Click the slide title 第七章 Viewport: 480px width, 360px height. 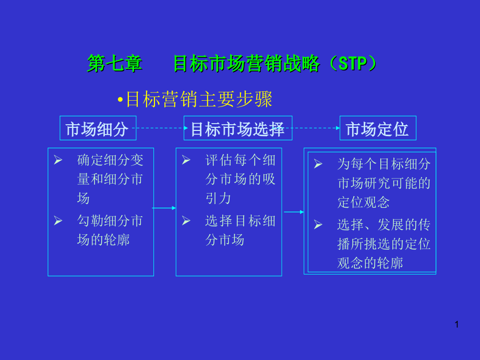(x=114, y=64)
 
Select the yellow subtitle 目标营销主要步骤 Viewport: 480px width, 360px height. (x=199, y=99)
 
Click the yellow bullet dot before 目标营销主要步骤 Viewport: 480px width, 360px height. (x=121, y=100)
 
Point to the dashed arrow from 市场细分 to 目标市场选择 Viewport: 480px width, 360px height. (x=160, y=128)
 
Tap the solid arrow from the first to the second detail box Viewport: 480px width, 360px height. (x=164, y=208)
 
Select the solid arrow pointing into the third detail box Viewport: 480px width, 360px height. (x=294, y=212)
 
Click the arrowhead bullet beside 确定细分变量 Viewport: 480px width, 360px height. (x=58, y=160)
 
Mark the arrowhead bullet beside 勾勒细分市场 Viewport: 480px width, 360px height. (x=58, y=220)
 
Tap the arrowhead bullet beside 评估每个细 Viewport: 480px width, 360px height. (x=186, y=160)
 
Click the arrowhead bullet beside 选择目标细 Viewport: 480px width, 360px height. (x=186, y=220)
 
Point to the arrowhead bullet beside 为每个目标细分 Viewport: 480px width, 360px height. (x=318, y=164)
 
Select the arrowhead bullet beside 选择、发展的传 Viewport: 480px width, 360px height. (x=318, y=225)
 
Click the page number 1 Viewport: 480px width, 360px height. (x=457, y=325)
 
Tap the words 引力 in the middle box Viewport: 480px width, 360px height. (x=218, y=198)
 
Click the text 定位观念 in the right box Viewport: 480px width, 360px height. (x=363, y=202)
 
